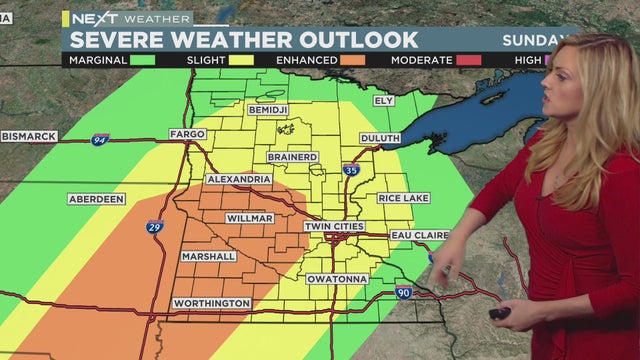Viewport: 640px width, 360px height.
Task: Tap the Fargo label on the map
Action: tap(187, 133)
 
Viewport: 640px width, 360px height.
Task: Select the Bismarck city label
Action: tap(28, 135)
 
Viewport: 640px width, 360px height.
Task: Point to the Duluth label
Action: tap(379, 138)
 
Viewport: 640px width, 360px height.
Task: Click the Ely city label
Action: tap(383, 101)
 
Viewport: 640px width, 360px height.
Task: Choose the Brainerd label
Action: tap(293, 157)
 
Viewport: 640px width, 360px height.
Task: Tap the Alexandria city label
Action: tap(239, 179)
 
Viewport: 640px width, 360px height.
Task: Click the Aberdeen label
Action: tap(97, 199)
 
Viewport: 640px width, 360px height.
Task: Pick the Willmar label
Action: tap(250, 218)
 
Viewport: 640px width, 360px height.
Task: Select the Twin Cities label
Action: tap(334, 226)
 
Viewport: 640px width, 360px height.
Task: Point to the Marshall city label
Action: tap(209, 256)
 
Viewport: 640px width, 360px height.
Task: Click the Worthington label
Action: tap(211, 303)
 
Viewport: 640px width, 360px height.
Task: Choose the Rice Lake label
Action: tap(403, 198)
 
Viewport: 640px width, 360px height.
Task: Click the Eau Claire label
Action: tap(420, 235)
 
